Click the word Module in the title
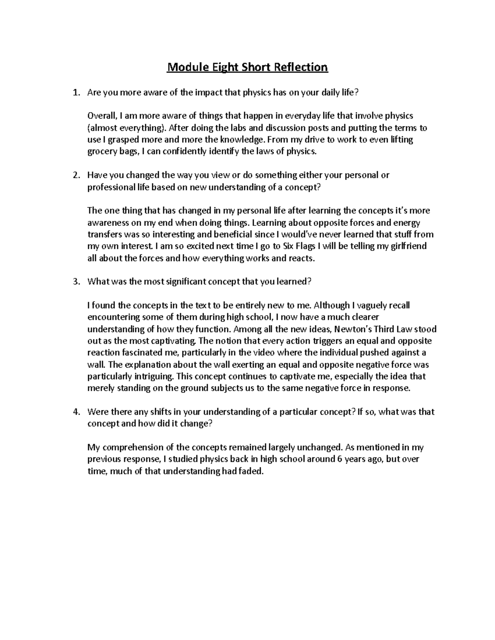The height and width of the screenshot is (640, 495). click(186, 67)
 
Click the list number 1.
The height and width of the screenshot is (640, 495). click(75, 93)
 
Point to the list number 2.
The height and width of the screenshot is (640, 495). click(75, 176)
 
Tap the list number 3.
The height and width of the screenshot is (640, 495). click(75, 282)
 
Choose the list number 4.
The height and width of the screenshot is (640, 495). click(75, 412)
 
